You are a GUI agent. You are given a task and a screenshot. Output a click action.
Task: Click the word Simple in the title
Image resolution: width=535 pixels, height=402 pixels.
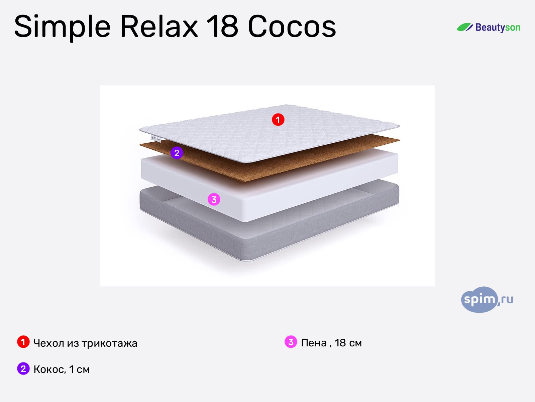coord(62,27)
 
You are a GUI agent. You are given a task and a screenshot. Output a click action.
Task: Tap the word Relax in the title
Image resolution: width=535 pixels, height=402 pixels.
coord(159,26)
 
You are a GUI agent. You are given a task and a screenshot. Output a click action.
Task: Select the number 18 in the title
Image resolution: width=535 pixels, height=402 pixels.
coord(222,26)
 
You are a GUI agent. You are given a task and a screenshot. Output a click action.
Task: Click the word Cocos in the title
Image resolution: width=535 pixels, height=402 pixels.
coord(292,26)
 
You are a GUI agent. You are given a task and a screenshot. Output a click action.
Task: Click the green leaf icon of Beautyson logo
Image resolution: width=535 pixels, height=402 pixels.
coord(464,27)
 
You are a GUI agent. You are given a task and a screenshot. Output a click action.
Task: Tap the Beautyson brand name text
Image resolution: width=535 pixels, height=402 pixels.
coord(498,27)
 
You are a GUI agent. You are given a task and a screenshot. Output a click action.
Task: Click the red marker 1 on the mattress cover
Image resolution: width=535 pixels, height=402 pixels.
coord(278,120)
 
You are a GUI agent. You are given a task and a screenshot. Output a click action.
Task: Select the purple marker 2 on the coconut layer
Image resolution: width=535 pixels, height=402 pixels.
coord(177,153)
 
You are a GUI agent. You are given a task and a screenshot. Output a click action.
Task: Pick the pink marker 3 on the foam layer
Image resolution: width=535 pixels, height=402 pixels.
coord(214,199)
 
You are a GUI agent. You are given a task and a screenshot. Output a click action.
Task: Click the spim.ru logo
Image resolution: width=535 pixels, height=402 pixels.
coord(487,299)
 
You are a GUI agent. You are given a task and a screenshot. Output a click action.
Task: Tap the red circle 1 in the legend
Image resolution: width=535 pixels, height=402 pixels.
coord(23,342)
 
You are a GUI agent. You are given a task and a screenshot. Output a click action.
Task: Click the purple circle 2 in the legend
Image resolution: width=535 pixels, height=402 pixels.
coord(23,368)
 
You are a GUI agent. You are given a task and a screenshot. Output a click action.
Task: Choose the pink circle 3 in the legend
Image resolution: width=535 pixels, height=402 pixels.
coord(291,342)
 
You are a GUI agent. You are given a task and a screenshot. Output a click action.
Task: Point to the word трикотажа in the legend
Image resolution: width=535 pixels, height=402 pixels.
coord(109,343)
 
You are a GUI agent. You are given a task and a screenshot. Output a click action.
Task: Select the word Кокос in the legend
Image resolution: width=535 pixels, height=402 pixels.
coord(49,369)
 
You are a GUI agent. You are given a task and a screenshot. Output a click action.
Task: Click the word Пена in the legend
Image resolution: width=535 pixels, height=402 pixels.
coord(314,343)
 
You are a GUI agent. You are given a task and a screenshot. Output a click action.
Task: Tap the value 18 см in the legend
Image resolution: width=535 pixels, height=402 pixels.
coord(348,343)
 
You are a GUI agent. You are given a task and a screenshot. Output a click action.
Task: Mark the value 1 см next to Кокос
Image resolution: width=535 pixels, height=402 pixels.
coord(79,369)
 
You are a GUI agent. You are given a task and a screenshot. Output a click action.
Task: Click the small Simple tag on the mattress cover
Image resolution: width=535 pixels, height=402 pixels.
coord(155,138)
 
